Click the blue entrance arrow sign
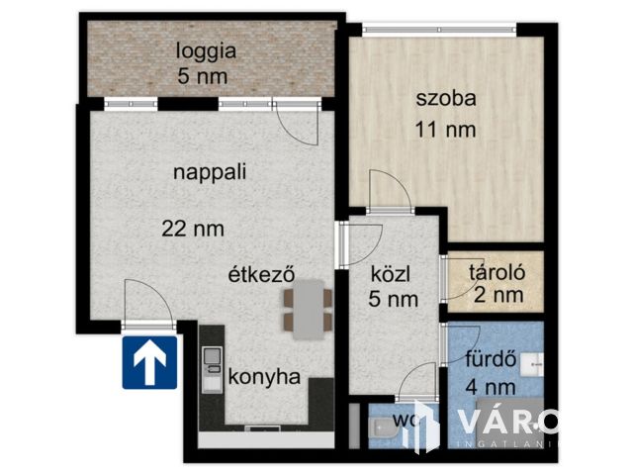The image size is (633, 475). [x=149, y=362]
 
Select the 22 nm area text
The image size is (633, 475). [x=193, y=229]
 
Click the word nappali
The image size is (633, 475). [x=209, y=171]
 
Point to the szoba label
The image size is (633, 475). [x=446, y=98]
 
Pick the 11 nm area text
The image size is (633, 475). [x=446, y=129]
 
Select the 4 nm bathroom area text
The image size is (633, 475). [x=491, y=387]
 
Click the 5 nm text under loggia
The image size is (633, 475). [x=203, y=75]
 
